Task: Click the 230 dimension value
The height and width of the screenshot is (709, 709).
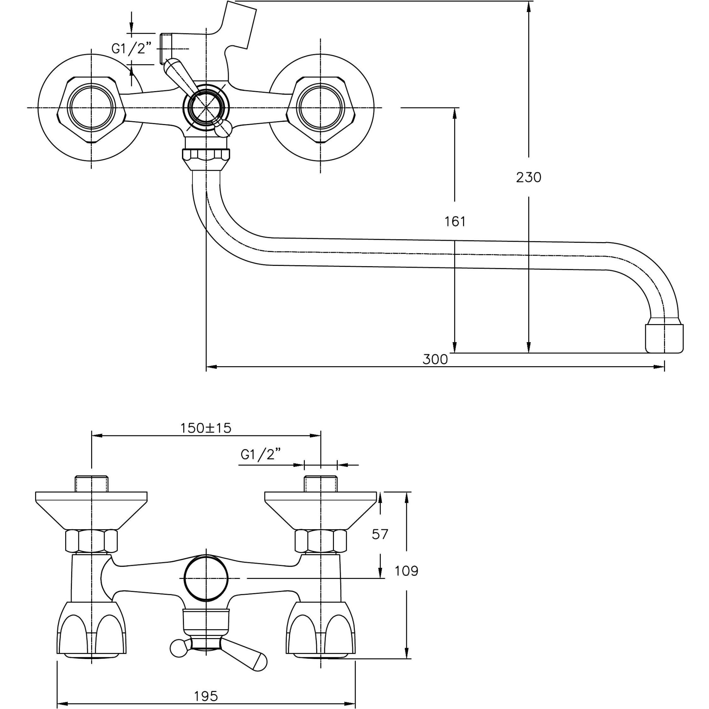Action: [529, 178]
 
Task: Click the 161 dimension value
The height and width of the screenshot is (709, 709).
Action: [455, 222]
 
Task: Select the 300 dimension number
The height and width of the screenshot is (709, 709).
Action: [435, 359]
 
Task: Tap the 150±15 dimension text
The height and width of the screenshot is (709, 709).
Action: [206, 428]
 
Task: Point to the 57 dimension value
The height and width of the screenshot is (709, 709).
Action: [379, 534]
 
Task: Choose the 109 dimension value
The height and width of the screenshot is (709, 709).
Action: [406, 571]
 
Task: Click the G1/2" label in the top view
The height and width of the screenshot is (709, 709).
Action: [131, 48]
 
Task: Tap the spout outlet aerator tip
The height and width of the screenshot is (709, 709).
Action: [664, 337]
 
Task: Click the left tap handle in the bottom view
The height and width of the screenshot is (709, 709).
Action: [91, 630]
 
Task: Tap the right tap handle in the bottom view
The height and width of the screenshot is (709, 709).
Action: [321, 630]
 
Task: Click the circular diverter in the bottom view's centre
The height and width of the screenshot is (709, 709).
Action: [206, 578]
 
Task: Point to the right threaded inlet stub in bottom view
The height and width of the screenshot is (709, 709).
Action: [320, 484]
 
